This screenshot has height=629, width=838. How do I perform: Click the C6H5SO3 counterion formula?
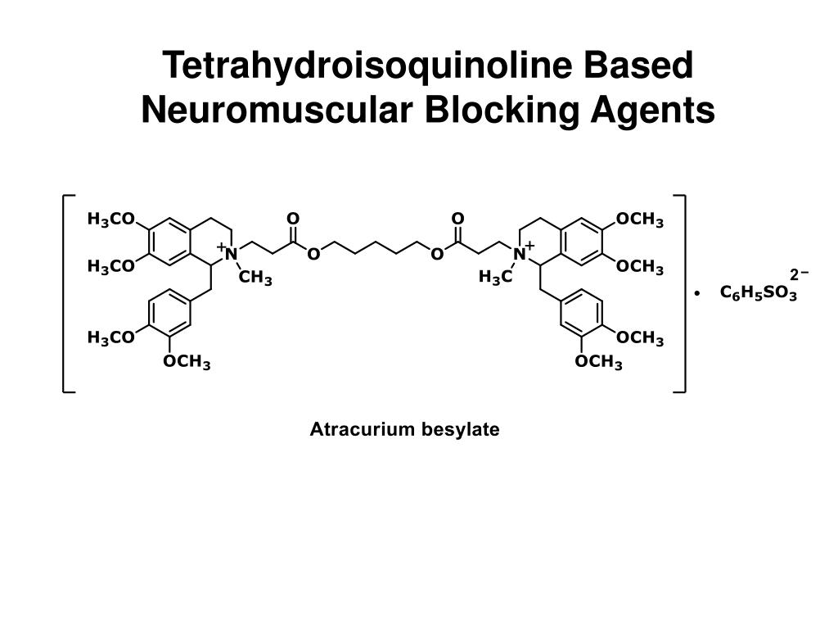(758, 292)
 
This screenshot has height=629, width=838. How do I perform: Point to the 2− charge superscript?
(798, 274)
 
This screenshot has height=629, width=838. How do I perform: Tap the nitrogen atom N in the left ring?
(232, 254)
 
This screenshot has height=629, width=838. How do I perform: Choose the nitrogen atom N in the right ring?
(519, 254)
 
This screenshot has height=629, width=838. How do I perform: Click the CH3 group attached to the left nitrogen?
(255, 278)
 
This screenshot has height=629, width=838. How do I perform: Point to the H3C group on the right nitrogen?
(495, 278)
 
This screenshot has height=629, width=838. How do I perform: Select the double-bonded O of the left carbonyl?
(293, 219)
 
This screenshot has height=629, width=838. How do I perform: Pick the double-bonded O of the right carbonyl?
(457, 219)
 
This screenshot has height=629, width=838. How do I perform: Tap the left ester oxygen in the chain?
(313, 254)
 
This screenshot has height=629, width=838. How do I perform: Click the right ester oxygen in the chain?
(437, 254)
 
